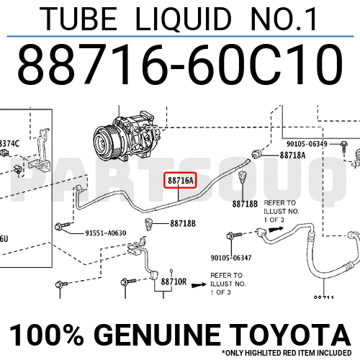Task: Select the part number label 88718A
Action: (x=292, y=155)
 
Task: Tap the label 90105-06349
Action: (x=302, y=144)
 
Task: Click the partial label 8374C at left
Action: (x=10, y=143)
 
